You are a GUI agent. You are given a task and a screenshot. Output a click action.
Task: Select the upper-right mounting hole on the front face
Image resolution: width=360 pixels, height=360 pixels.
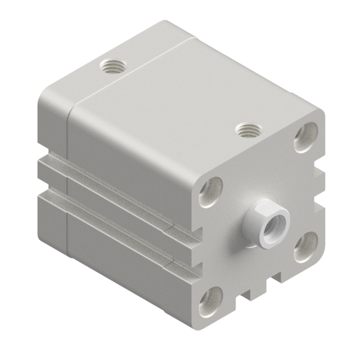(305, 138)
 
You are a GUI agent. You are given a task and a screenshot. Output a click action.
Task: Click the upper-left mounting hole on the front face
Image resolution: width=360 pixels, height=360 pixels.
(210, 191)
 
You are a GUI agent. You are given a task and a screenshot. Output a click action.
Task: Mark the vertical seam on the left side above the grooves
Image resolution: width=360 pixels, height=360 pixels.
(68, 134)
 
